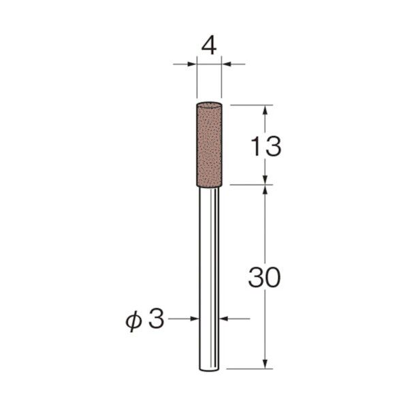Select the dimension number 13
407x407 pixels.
pos(266,146)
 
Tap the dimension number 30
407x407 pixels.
pos(265,277)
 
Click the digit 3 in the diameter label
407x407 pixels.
pos(157,319)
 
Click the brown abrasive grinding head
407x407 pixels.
pos(209,144)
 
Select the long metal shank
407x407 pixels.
pos(209,279)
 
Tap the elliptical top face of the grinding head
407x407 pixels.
pos(209,105)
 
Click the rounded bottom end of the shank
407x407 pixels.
pos(209,370)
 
